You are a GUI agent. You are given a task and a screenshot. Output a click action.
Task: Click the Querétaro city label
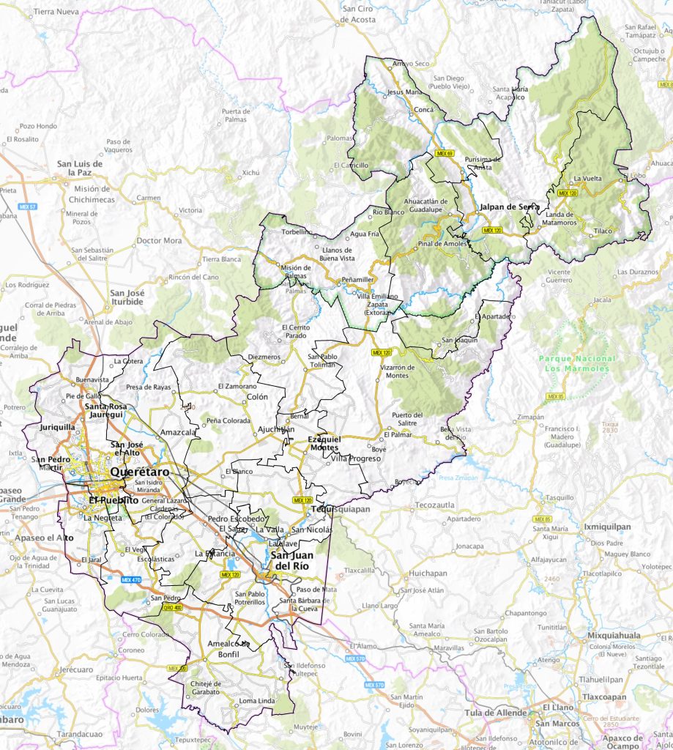[x=139, y=472]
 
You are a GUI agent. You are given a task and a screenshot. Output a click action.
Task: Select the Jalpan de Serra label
[x=509, y=207]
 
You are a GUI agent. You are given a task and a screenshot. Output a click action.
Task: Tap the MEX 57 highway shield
[x=28, y=206]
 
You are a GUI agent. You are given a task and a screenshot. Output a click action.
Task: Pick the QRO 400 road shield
[x=173, y=607]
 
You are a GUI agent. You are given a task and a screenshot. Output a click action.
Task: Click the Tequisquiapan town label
[x=330, y=509]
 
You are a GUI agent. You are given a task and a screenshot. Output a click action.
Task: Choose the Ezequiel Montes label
[x=323, y=442]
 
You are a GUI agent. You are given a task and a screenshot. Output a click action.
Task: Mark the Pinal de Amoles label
[x=442, y=243]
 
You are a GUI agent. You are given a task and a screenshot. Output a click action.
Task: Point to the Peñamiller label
[x=358, y=280]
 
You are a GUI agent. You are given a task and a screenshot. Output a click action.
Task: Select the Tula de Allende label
[x=496, y=713]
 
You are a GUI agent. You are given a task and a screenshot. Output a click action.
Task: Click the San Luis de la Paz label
[x=81, y=168]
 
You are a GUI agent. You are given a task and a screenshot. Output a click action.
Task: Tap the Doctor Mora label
[x=160, y=240]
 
